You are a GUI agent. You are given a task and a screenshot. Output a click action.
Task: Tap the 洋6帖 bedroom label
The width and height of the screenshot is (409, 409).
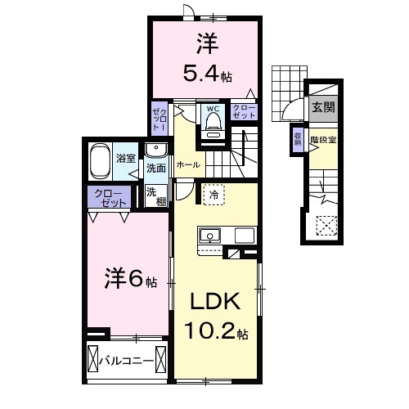(x=129, y=281)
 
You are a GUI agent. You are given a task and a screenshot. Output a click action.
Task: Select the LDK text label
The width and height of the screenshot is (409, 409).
(x=215, y=302)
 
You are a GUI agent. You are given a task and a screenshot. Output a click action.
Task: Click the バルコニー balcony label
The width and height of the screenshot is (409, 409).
(x=128, y=359)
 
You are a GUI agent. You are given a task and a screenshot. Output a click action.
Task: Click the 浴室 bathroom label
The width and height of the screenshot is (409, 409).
(x=125, y=158)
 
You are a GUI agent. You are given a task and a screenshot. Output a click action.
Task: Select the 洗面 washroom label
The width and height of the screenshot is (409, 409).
(x=156, y=168)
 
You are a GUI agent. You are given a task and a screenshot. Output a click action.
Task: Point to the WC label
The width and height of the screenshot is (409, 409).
(x=212, y=108)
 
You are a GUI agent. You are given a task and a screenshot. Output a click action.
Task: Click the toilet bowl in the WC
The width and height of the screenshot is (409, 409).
(x=213, y=124)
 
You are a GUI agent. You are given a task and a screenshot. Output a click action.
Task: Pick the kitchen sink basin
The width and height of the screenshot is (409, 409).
(x=210, y=236)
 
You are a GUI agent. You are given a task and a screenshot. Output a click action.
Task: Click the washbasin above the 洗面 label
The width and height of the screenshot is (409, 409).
(x=156, y=150)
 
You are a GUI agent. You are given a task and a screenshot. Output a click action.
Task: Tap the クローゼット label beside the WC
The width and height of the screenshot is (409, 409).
(x=243, y=112)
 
